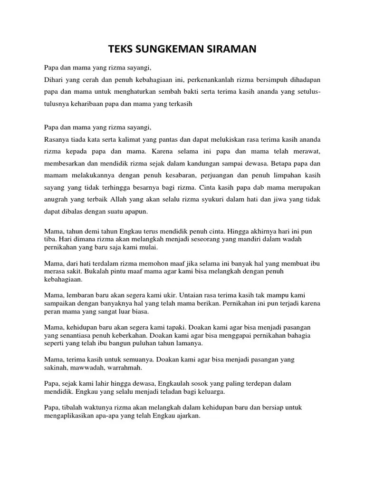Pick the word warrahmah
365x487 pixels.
tap(124, 368)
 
